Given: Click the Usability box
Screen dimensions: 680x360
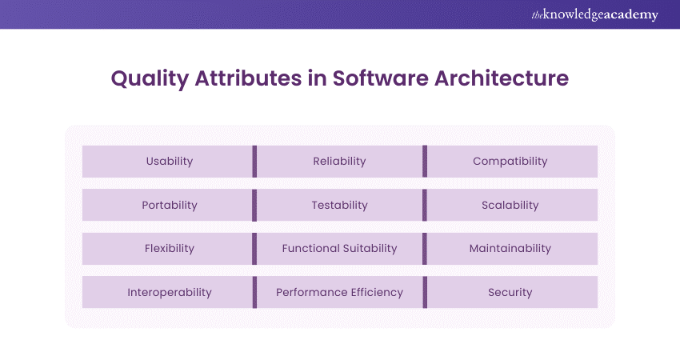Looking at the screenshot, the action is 167,162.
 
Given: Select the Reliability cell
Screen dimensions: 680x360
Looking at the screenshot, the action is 339,162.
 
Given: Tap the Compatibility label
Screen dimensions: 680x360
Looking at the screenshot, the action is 510,162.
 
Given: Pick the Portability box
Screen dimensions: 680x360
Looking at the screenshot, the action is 167,205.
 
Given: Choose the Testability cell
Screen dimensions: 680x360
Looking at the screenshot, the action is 339,205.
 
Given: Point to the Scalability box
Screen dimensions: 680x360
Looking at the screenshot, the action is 512,205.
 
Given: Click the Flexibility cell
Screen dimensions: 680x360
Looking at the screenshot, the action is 167,249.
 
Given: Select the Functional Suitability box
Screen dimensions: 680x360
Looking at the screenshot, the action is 339,249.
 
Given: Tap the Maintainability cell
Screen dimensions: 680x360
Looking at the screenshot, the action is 512,249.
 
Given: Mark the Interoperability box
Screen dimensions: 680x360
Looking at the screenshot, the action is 167,292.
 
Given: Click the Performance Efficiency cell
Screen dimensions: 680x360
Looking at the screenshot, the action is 339,292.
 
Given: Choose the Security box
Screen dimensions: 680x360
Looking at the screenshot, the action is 512,292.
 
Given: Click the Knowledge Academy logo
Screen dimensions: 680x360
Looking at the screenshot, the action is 595,14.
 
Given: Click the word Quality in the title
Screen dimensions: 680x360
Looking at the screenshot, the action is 150,79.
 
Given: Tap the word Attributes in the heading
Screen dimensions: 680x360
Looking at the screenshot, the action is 248,78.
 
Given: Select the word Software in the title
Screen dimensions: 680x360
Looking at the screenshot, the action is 380,78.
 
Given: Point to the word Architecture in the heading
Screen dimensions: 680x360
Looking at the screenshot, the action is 502,78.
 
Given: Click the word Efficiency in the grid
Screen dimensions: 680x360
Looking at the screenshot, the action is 377,292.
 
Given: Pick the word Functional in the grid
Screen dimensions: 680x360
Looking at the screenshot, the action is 310,249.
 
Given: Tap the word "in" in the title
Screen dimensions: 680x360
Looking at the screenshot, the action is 317,78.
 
